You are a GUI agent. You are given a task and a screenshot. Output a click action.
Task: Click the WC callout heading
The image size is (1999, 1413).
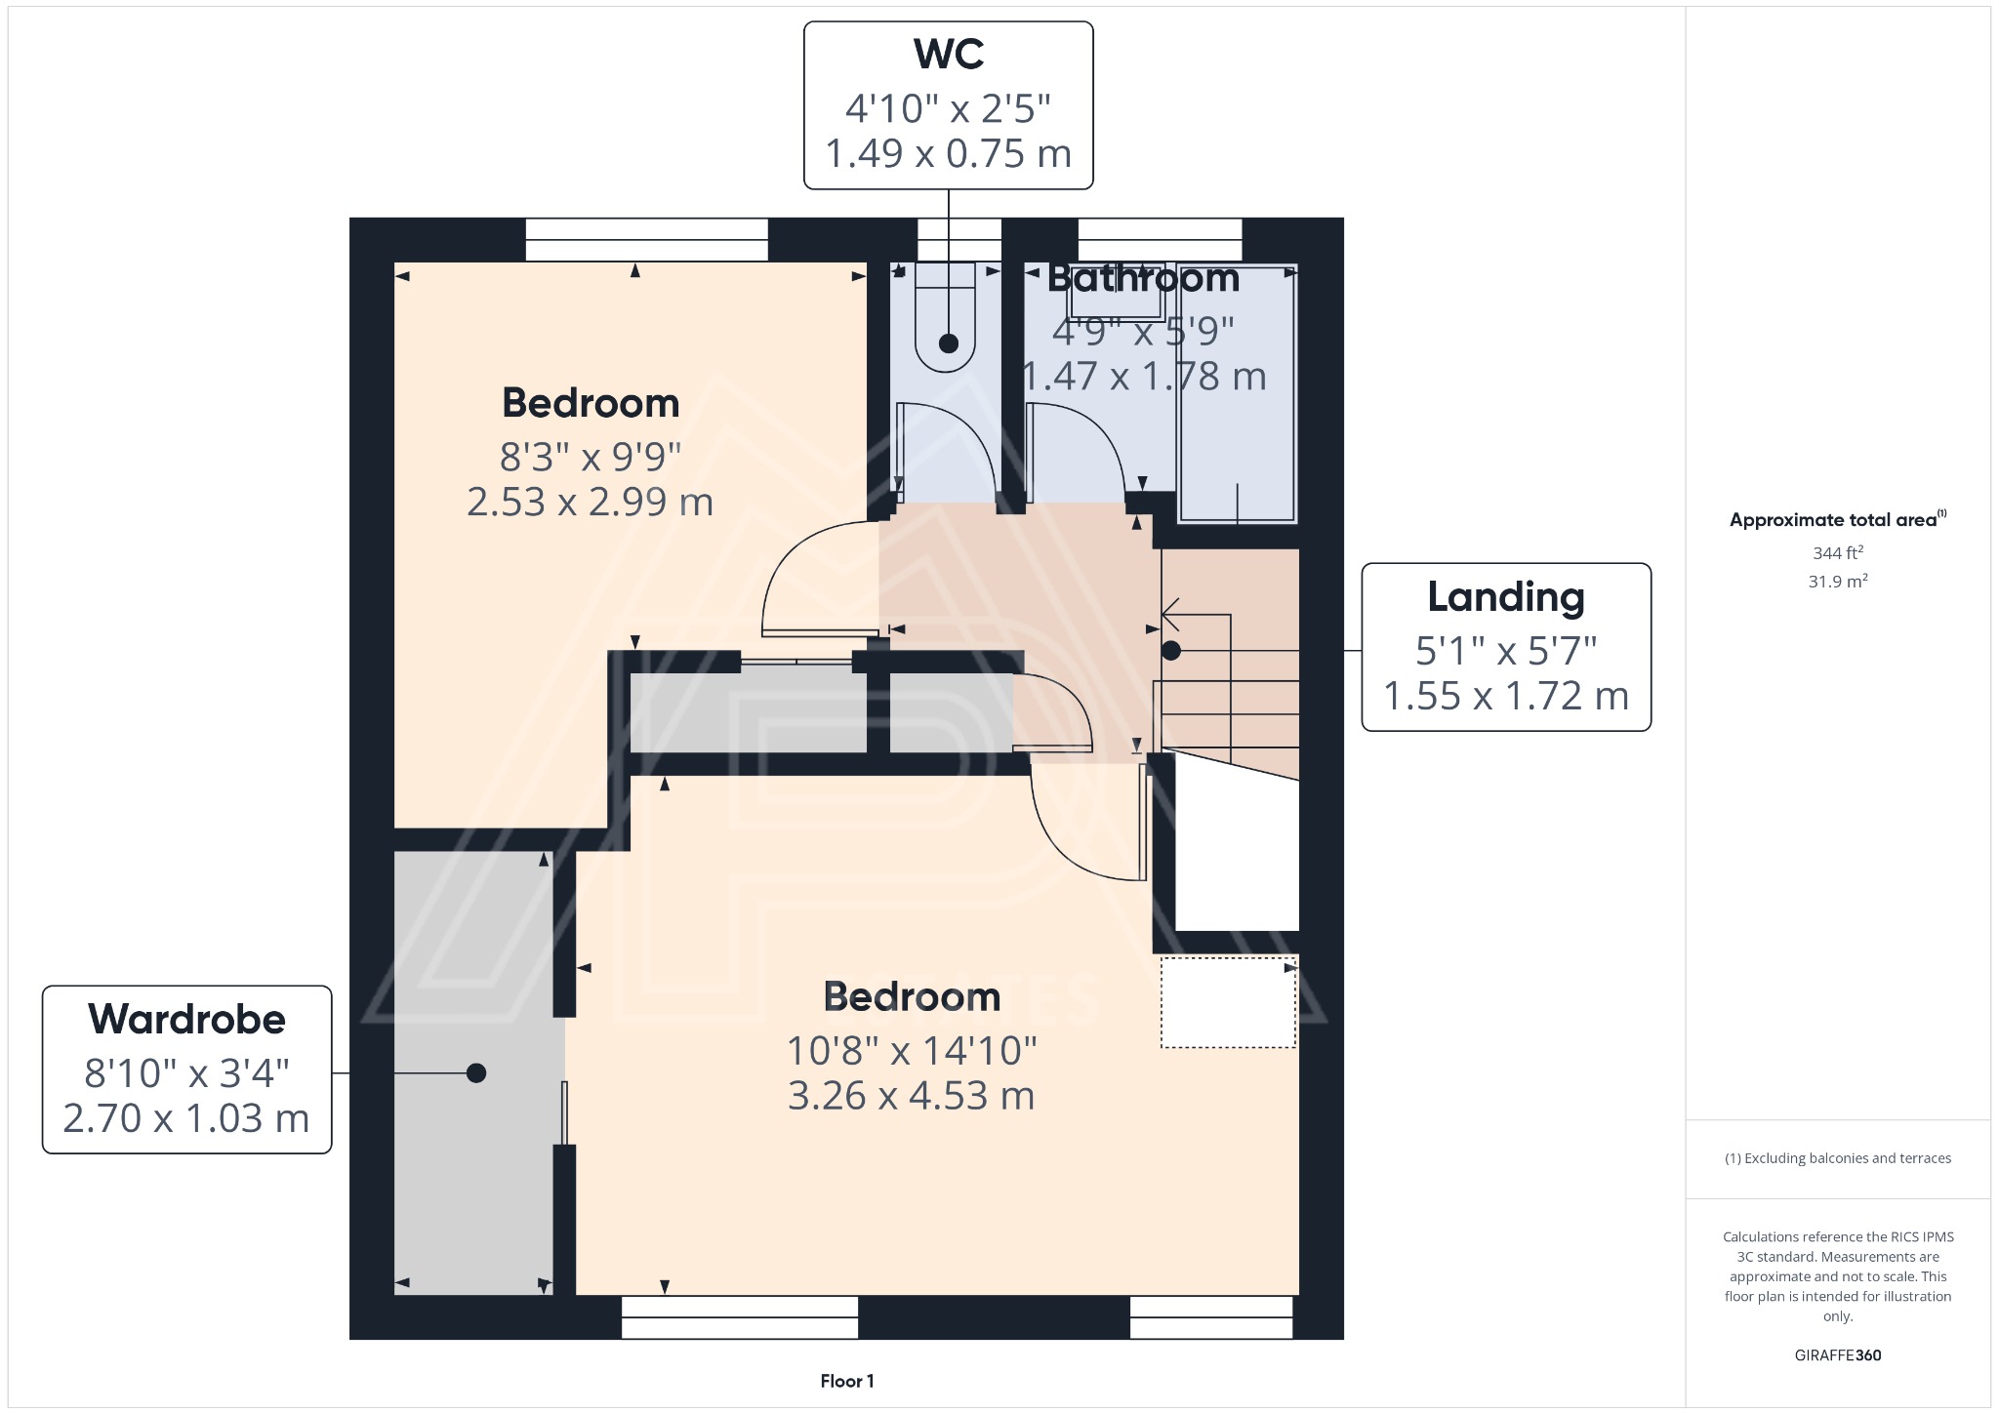948,55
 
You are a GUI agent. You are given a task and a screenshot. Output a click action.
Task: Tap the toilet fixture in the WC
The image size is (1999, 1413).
945,317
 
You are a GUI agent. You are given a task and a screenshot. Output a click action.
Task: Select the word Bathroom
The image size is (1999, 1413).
1143,278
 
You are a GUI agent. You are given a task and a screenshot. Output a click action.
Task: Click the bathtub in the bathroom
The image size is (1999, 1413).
1238,392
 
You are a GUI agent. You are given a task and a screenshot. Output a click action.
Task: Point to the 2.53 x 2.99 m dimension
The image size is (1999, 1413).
590,502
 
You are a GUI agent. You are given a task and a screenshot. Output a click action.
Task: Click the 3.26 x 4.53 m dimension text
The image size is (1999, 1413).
911,1096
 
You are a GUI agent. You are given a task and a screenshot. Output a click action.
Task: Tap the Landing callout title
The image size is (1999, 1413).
1506,597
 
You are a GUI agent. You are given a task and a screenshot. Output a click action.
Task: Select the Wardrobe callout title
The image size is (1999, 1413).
186,1020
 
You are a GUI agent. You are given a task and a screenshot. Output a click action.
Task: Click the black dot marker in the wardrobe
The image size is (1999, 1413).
476,1073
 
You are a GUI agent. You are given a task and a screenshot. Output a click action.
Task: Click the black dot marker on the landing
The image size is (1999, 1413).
1171,650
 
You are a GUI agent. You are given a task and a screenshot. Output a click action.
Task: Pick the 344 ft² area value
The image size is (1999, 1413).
1838,552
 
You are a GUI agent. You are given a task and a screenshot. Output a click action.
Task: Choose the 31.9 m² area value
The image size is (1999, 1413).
1838,581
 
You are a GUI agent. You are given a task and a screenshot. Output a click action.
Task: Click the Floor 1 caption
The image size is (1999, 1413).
847,1381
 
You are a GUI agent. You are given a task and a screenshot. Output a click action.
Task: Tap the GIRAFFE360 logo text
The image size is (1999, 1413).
1838,1354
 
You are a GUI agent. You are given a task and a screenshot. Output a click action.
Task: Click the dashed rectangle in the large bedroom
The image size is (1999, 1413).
1229,1002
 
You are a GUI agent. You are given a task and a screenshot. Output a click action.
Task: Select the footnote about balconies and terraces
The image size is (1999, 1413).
1838,1158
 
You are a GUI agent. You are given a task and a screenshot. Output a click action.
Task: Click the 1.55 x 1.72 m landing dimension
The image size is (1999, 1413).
1506,696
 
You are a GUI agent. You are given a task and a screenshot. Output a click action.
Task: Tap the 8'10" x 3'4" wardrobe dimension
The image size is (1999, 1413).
186,1073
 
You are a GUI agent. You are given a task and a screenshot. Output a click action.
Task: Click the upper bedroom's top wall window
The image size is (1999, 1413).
647,240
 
